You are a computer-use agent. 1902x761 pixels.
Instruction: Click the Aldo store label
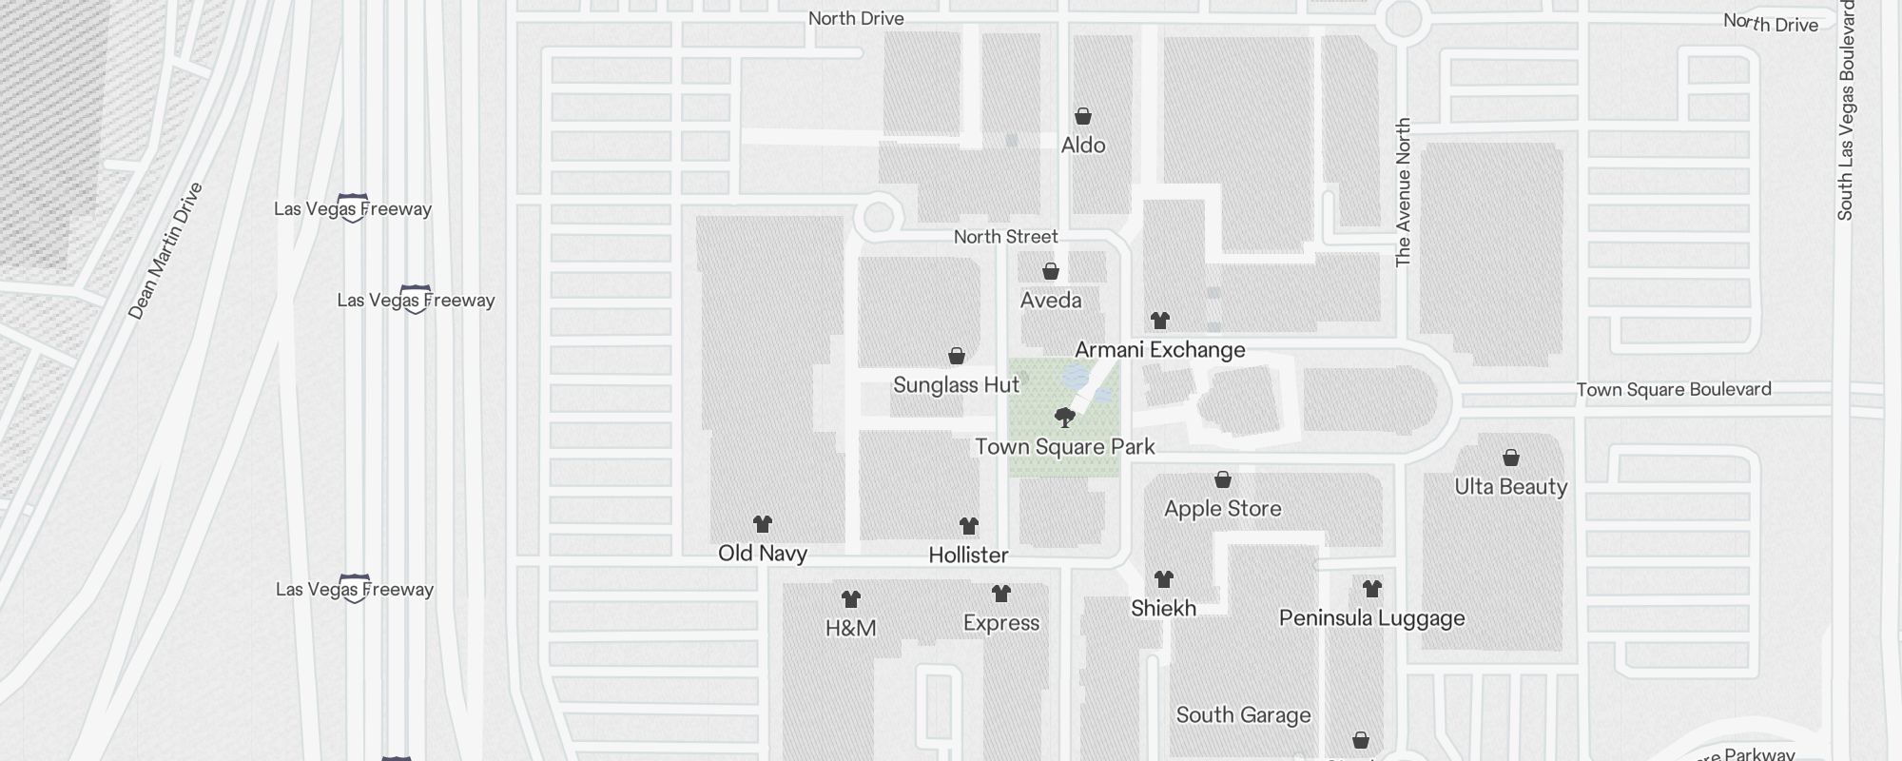[x=1083, y=146]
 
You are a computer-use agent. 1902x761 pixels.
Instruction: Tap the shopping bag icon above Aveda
[x=1051, y=272]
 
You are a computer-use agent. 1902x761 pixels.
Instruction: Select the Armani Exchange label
[x=1159, y=350]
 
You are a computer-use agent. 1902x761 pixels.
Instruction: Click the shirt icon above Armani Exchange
[x=1160, y=321]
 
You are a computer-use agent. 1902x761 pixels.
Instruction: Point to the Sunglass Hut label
[x=956, y=385]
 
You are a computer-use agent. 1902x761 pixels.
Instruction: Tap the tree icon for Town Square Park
[x=1065, y=418]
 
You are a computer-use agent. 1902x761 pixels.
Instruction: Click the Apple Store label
[x=1222, y=509]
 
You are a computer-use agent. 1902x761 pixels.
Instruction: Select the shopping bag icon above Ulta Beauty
[x=1511, y=459]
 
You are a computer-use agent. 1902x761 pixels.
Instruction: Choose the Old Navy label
[x=763, y=554]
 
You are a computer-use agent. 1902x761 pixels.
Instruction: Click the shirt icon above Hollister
[x=969, y=526]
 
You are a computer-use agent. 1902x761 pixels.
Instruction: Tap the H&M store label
[x=850, y=628]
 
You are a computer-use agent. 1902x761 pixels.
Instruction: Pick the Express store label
[x=1001, y=623]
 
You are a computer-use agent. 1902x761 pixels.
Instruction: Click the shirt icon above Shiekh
[x=1164, y=579]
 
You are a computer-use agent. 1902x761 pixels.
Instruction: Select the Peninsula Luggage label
[x=1371, y=618]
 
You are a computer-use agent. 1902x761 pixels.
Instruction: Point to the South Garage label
[x=1243, y=715]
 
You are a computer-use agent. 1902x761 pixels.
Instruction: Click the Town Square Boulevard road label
[x=1674, y=390]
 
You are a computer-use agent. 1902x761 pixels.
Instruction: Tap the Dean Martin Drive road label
[x=165, y=251]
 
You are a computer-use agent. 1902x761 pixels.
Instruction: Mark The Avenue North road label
[x=1403, y=192]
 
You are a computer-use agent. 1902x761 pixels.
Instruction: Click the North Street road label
[x=1005, y=237]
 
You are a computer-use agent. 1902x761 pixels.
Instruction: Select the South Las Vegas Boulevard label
[x=1845, y=109]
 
